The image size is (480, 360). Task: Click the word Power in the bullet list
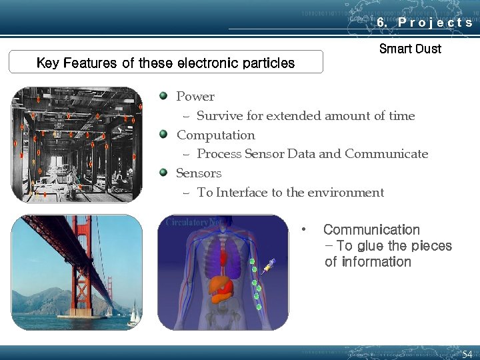[x=195, y=97]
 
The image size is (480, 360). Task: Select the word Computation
[x=215, y=135]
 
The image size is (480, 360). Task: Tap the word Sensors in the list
[x=199, y=173]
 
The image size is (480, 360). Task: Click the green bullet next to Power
[x=163, y=96]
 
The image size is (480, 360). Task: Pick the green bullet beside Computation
[x=163, y=135]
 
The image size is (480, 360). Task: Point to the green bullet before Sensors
[x=163, y=173]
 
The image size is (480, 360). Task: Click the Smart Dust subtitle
[x=410, y=49]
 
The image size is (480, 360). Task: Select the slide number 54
[x=467, y=353]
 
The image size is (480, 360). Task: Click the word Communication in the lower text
[x=371, y=230]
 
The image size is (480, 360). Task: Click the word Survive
[x=220, y=116]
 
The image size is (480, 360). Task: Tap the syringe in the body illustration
[x=269, y=267]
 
